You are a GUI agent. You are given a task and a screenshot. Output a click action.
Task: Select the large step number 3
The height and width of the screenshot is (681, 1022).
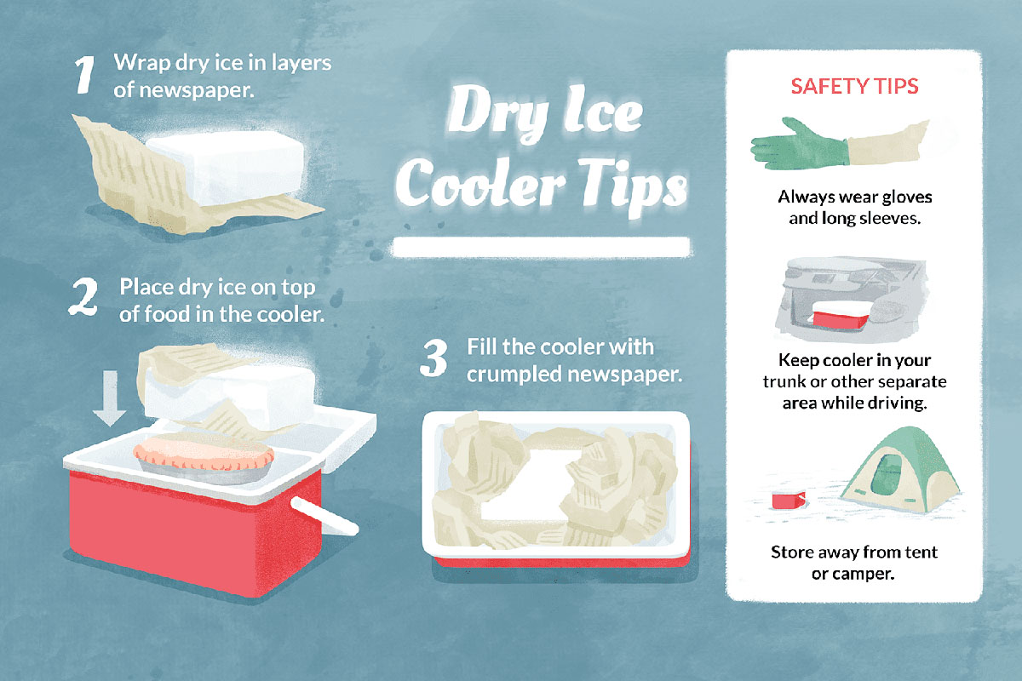click(x=434, y=358)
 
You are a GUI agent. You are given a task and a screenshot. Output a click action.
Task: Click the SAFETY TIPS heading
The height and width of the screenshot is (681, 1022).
click(x=854, y=87)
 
